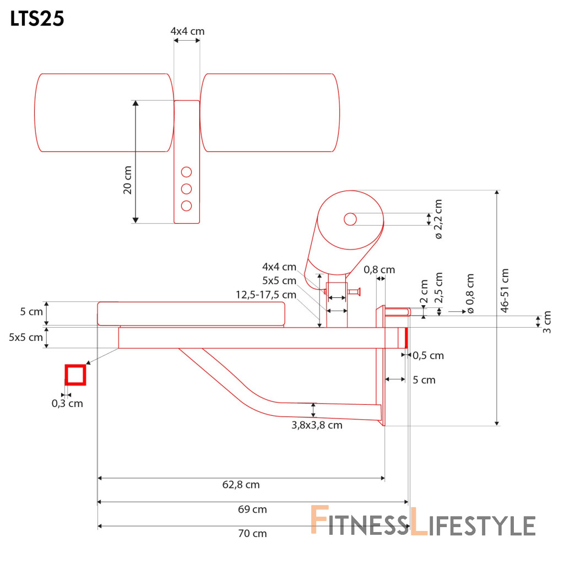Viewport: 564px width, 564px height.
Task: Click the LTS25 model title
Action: [x=37, y=19]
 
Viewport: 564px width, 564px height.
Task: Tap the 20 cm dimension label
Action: [x=128, y=180]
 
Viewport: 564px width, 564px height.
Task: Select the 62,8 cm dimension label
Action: [x=241, y=485]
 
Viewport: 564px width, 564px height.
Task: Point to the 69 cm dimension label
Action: [x=252, y=509]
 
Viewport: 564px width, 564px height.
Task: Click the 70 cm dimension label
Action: [x=252, y=533]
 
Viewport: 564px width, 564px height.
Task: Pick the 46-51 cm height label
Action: [x=505, y=291]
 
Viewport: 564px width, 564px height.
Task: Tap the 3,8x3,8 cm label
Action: [x=317, y=425]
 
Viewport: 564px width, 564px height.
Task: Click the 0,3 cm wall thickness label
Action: [x=67, y=404]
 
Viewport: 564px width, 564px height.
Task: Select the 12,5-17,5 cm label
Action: [x=266, y=295]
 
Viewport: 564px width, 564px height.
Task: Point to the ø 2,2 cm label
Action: [x=438, y=219]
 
